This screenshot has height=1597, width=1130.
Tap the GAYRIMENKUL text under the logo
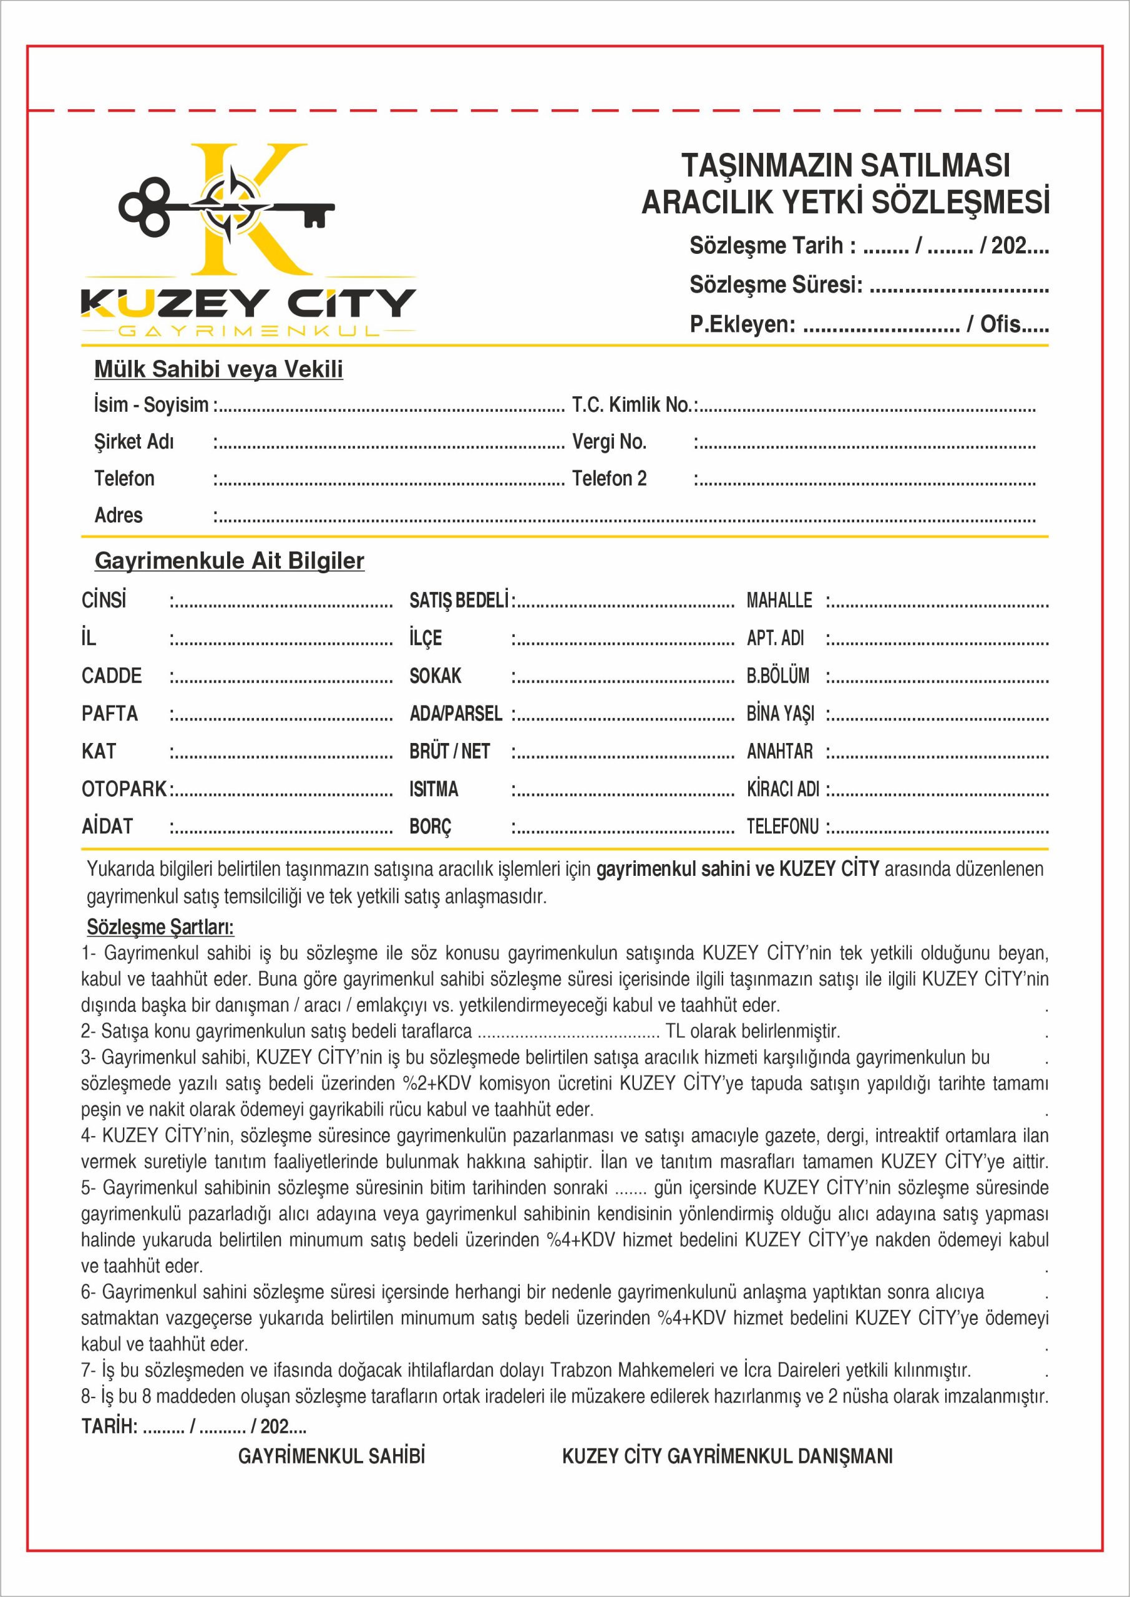(248, 331)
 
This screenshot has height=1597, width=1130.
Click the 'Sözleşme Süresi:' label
(776, 284)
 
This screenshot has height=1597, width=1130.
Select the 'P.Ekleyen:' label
(742, 324)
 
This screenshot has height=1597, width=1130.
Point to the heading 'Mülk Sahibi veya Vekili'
(218, 369)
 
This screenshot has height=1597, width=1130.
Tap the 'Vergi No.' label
(609, 442)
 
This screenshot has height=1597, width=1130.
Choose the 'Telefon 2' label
(609, 478)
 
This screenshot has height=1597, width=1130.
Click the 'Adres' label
(119, 515)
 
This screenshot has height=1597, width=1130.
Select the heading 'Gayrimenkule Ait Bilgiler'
(229, 561)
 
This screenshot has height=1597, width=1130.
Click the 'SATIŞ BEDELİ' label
(459, 600)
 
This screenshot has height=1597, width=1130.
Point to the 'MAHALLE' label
(779, 600)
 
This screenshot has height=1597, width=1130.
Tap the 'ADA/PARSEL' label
(455, 714)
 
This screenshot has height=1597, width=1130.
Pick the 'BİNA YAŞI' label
(780, 714)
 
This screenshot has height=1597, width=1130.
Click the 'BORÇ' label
(430, 827)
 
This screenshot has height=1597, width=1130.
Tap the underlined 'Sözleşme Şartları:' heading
(160, 927)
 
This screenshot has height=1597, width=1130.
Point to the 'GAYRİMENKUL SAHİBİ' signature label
(331, 1456)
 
